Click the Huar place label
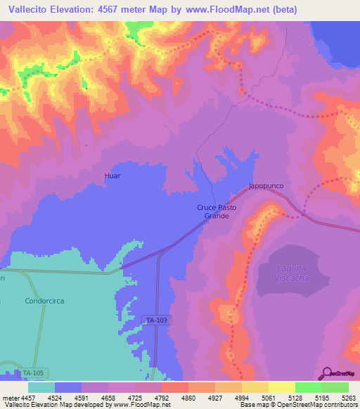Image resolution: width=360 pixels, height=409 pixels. [x=112, y=176]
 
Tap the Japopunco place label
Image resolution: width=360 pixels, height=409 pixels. [x=266, y=187]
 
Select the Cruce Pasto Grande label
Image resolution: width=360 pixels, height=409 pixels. [x=217, y=212]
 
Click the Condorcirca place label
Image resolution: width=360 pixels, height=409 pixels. [x=44, y=301]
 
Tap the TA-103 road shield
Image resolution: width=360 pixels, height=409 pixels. [x=156, y=320]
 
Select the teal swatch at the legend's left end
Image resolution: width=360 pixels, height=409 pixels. [x=41, y=387]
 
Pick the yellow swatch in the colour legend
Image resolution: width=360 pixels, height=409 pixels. [x=281, y=387]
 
